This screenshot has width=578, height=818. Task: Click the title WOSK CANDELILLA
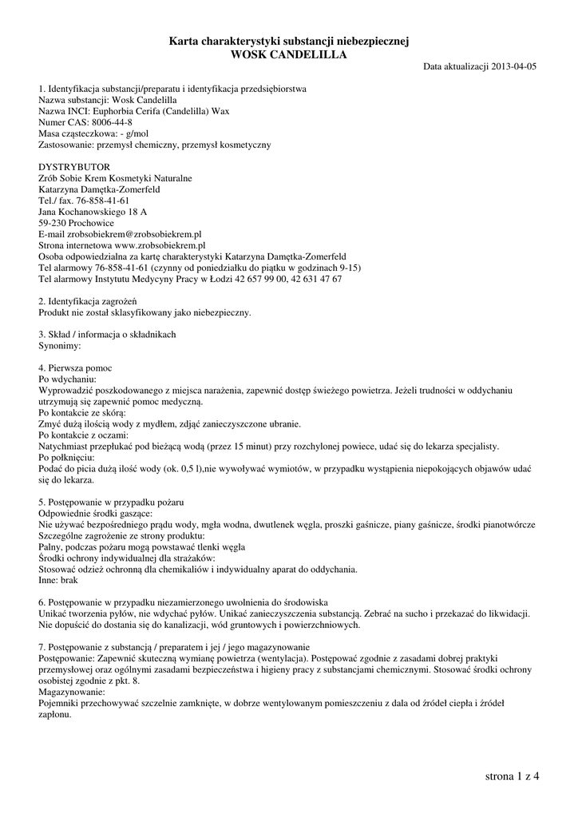(289, 54)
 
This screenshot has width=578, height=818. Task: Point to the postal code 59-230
(53, 224)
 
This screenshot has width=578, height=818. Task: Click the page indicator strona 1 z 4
(512, 776)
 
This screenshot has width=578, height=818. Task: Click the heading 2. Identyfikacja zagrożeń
(88, 301)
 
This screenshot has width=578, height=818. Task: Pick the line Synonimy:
(60, 346)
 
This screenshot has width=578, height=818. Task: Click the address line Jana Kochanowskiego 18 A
(93, 212)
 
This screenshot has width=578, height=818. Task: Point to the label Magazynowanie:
(72, 691)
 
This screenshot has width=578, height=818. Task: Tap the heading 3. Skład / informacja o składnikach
(107, 334)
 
